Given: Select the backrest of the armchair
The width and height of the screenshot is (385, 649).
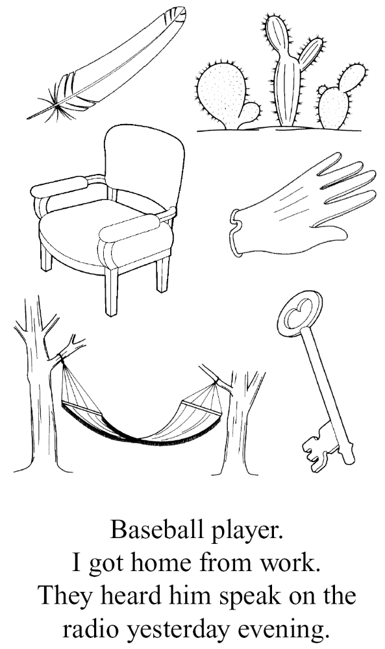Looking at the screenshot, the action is point(143,165).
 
